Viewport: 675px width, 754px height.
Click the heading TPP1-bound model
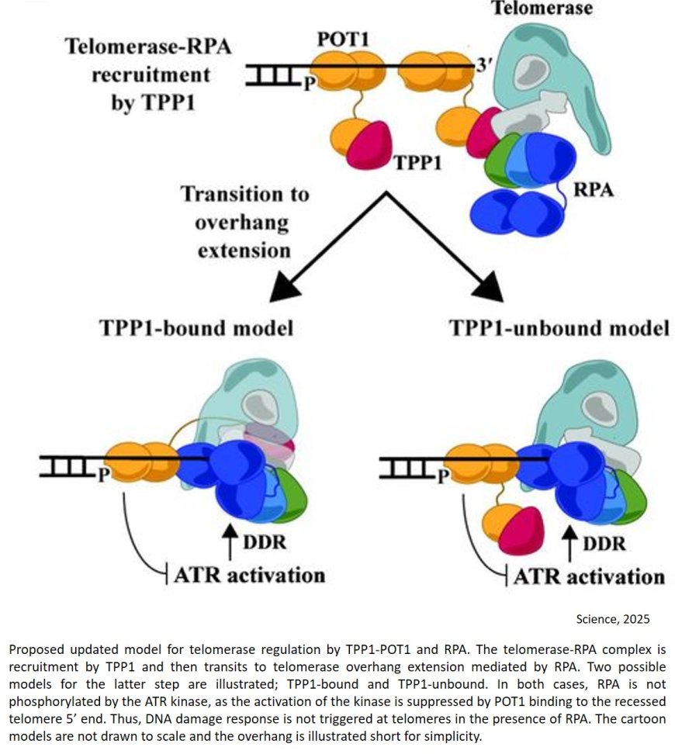pyautogui.click(x=196, y=328)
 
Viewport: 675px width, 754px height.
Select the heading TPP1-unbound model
pyautogui.click(x=559, y=328)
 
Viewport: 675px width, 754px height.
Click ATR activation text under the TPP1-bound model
pyautogui.click(x=248, y=575)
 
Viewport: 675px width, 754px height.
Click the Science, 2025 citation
pyautogui.click(x=612, y=618)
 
